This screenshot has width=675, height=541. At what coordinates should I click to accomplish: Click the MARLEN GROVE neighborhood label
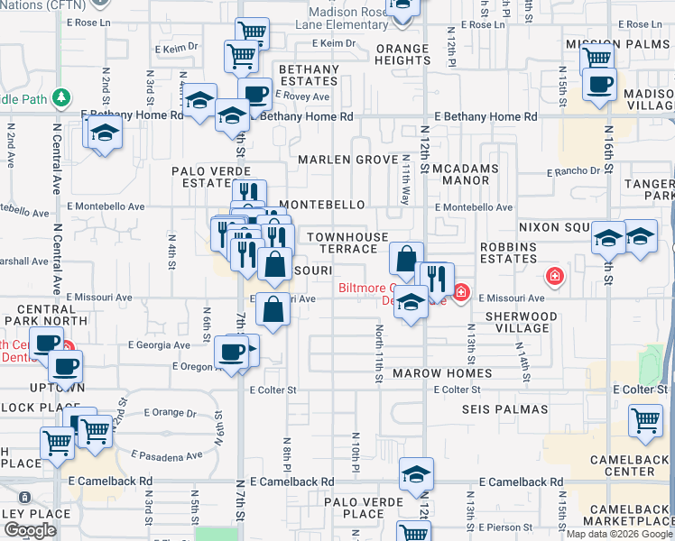point(348,160)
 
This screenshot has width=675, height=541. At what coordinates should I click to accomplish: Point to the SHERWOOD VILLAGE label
point(522,322)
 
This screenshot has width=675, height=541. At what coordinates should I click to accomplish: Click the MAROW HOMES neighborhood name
point(455,373)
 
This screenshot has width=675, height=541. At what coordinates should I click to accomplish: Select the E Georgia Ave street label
point(159,344)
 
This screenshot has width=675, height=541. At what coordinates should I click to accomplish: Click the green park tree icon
point(61,96)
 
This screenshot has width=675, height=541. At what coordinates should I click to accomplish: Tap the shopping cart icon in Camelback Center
point(645,421)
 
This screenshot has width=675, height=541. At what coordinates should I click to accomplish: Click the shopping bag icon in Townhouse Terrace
point(407,258)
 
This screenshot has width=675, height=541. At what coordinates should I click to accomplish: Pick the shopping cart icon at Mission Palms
point(596,59)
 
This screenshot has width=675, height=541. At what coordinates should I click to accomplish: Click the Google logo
point(30,530)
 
